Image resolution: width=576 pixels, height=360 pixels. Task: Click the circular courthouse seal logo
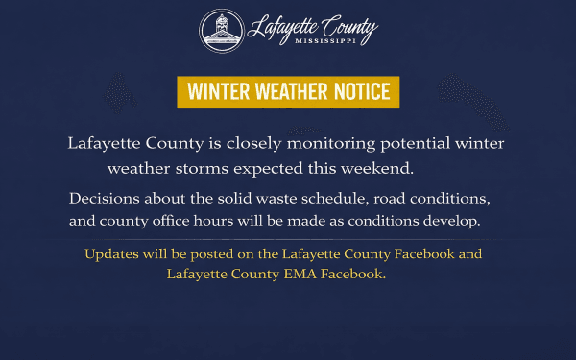tap(220, 31)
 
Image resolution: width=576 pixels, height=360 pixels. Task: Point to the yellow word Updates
tap(112, 255)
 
